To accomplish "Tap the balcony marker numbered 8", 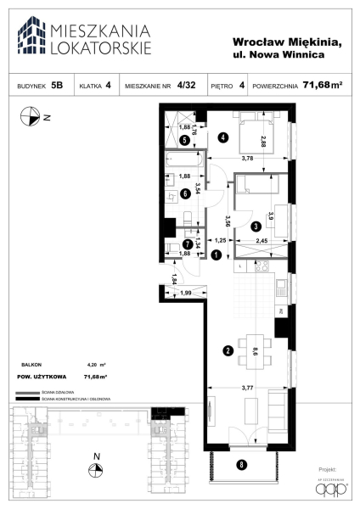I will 242,464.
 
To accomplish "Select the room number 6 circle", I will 185,193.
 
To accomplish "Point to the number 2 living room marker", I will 228,350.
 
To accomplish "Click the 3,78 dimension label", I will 247,159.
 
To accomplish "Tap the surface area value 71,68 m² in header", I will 310,84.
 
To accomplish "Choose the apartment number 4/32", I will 189,85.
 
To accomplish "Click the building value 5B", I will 57,85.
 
